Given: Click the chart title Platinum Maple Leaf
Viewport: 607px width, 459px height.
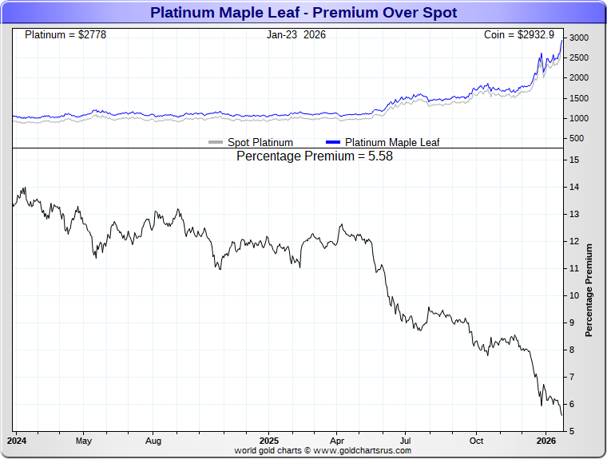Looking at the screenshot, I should click(303, 13).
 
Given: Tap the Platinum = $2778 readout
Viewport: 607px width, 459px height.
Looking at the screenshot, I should click(65, 35).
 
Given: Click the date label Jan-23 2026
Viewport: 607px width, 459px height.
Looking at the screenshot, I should click(296, 35).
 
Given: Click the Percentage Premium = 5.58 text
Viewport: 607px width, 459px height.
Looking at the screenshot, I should click(315, 156).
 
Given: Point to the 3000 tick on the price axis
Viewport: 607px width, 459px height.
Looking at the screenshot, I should click(578, 38).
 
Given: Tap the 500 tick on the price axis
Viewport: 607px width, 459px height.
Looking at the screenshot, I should click(575, 138).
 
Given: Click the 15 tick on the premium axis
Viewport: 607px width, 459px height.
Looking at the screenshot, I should click(574, 160).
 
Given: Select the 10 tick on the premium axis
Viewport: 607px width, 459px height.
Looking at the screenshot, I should click(574, 295).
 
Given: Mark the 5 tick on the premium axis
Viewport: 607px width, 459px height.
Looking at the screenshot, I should click(572, 431).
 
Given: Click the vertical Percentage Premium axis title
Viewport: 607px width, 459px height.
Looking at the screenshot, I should click(589, 290).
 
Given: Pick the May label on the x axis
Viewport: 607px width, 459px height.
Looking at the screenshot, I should click(84, 440).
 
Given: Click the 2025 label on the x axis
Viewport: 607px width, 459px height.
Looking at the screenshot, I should click(269, 440).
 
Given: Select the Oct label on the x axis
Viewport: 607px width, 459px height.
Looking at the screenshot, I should click(476, 440).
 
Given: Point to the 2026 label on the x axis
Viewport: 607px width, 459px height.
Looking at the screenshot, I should click(546, 440).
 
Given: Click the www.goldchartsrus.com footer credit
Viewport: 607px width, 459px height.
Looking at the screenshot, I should click(323, 450).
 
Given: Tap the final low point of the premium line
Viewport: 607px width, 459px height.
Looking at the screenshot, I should click(562, 415).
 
